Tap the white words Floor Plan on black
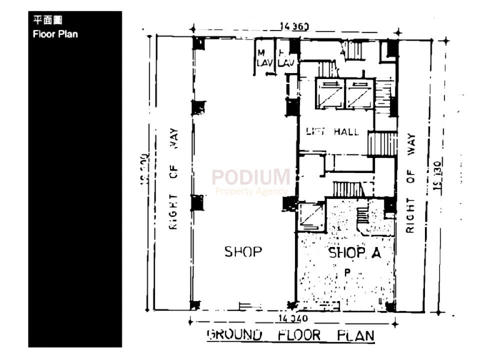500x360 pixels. (55, 34)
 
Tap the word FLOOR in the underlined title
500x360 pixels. (299, 334)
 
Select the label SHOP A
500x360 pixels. (354, 253)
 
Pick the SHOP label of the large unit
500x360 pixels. (243, 251)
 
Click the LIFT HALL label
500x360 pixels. (332, 132)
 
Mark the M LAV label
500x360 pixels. (261, 58)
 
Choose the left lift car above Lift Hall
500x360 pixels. (329, 94)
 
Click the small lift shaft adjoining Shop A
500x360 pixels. (311, 216)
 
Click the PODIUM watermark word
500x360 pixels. (250, 177)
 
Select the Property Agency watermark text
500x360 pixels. (250, 191)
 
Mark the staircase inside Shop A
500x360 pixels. (363, 216)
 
